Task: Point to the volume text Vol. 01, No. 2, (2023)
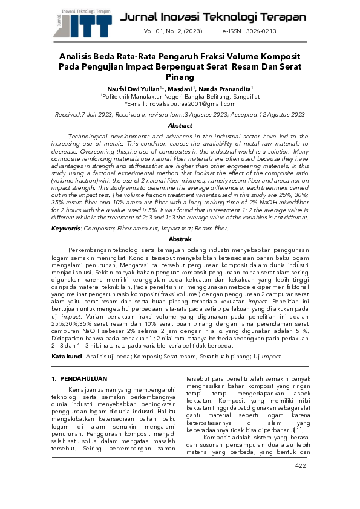[x=172, y=31]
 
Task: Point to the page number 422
[x=300, y=482]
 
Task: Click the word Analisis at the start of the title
[x=78, y=56]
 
